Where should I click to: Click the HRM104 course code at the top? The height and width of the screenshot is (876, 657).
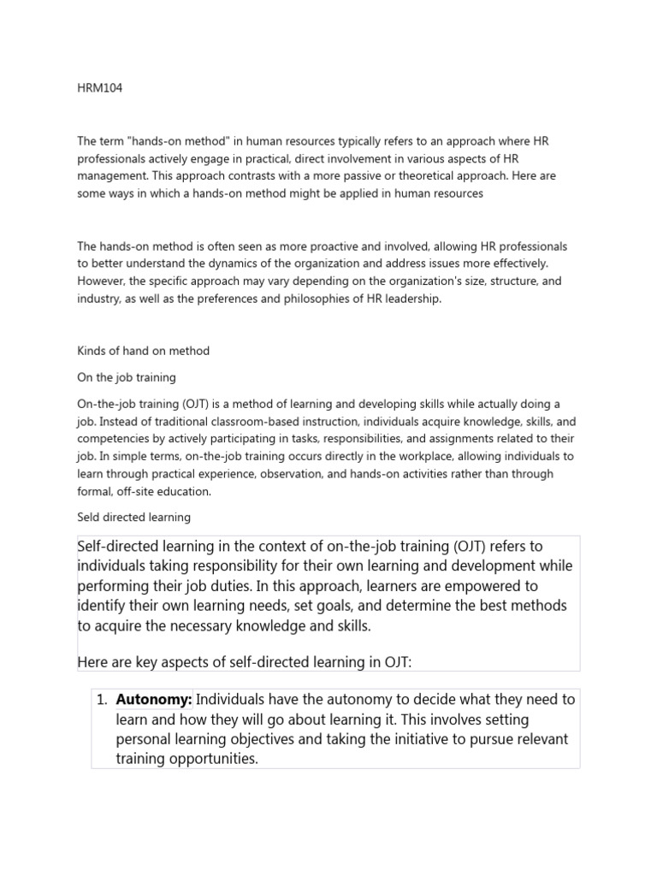(99, 89)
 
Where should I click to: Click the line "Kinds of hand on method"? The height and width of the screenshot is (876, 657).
(143, 351)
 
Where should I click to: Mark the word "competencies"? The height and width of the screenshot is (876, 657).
(115, 439)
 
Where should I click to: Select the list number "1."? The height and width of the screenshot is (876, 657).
(102, 699)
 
